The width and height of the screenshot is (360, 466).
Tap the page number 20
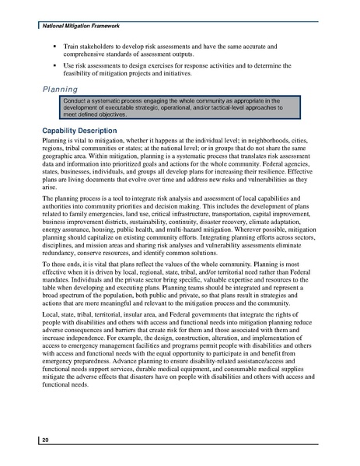coord(46,440)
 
